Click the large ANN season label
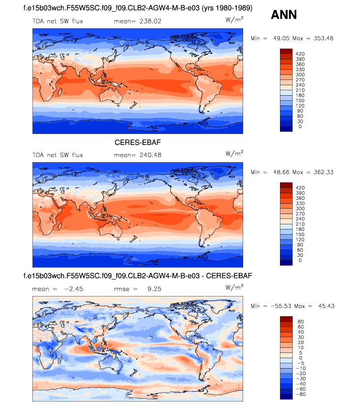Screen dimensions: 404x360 point(283,15)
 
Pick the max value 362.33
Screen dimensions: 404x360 point(322,172)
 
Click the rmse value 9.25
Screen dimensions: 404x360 point(154,289)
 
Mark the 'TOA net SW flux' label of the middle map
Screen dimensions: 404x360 point(57,155)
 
